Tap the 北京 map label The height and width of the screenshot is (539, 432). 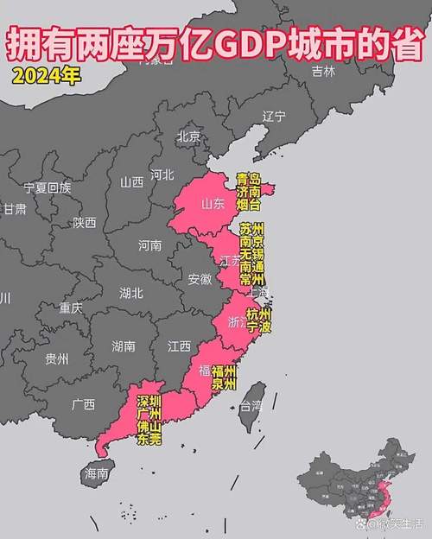(188, 136)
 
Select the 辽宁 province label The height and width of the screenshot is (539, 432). (273, 116)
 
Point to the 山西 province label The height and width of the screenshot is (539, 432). (132, 182)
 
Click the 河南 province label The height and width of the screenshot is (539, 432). (149, 245)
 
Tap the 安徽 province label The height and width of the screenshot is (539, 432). (200, 279)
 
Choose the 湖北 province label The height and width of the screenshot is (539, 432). (131, 292)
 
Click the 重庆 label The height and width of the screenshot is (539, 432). (71, 308)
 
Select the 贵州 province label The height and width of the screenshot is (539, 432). (57, 359)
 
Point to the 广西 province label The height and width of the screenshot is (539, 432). (84, 404)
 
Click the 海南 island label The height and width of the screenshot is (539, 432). (96, 473)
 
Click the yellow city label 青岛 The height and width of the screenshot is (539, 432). (249, 180)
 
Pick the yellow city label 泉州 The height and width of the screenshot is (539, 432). (224, 384)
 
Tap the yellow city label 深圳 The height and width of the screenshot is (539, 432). (149, 402)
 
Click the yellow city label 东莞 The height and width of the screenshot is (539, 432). (149, 439)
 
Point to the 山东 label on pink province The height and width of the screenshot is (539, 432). (213, 205)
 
